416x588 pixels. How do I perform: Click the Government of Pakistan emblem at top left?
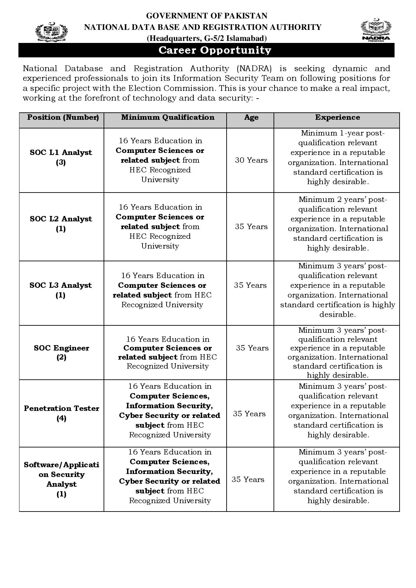click(51, 32)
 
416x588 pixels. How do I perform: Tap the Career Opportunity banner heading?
click(215, 50)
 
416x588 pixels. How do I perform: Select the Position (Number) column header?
click(63, 117)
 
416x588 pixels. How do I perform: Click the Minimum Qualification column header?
click(168, 117)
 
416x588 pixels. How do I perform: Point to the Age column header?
click(251, 117)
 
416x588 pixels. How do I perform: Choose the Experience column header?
click(337, 117)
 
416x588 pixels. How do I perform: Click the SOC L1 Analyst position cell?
click(61, 157)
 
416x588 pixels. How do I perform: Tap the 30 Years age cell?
click(251, 160)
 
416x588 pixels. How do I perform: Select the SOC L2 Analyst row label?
click(61, 224)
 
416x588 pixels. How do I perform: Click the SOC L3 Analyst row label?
click(61, 290)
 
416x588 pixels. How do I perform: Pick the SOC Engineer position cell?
click(61, 353)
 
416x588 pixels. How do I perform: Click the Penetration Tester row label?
click(61, 413)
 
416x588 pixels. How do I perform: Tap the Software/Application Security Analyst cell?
click(61, 479)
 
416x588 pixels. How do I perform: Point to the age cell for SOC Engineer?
click(252, 348)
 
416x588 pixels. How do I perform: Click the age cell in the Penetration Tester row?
click(249, 414)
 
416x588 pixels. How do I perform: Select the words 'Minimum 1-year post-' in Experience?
click(343, 133)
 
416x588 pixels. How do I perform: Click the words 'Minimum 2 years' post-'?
click(343, 200)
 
